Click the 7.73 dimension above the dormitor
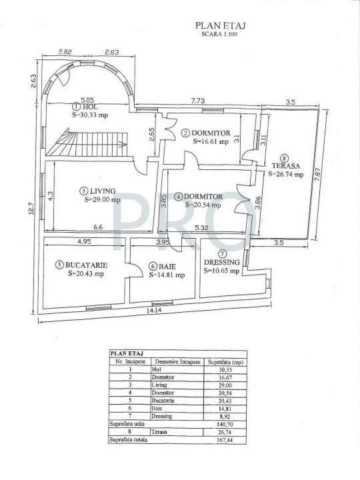tap(198, 100)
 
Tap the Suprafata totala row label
tap(130, 441)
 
